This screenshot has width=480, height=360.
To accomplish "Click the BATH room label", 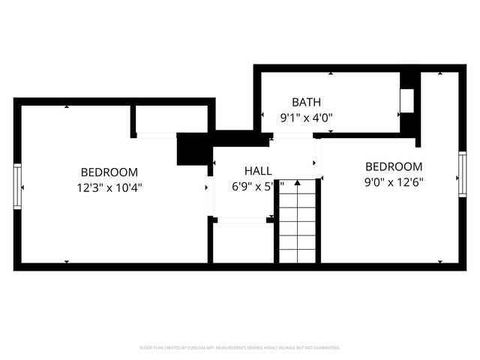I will pos(305,102).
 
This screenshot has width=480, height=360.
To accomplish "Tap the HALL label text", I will pos(257,171).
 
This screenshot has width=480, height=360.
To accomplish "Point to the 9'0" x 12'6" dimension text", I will pos(394,181).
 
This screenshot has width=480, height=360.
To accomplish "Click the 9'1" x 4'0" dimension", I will pos(305,117).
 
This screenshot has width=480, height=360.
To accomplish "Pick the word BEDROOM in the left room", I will pos(109,172).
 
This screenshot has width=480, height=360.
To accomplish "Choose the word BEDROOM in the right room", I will pos(394,166).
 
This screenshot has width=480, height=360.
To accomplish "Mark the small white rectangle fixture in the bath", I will pos(408,100).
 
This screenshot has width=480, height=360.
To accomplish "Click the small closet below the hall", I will pos(243,243).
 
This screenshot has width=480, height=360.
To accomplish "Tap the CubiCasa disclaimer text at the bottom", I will pos(240,348).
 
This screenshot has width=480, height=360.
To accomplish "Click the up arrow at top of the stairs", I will pos(298,183).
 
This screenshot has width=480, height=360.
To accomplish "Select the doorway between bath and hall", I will pos(293,136).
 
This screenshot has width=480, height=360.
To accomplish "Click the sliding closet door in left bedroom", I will pos(157,135).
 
